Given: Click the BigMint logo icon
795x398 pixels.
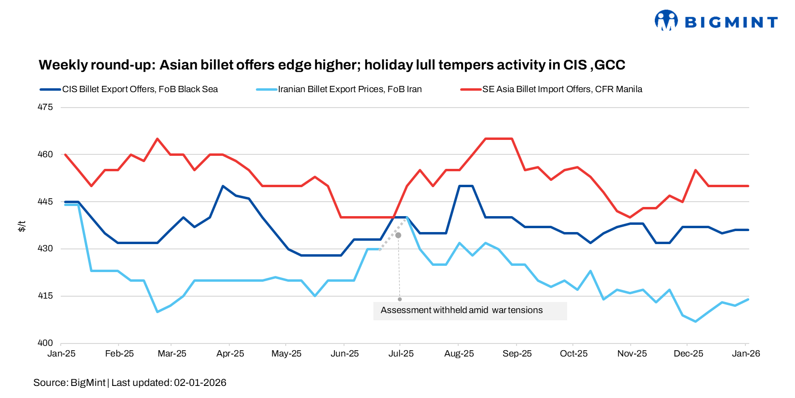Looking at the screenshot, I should click(666, 20).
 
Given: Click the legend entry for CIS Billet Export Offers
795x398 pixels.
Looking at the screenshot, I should click(140, 89).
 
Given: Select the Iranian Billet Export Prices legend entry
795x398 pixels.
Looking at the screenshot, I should click(349, 89).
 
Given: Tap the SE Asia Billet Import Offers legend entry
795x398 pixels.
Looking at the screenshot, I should click(562, 89).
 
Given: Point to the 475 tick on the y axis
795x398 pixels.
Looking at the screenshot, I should click(45, 107).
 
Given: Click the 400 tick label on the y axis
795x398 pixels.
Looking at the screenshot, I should click(45, 343).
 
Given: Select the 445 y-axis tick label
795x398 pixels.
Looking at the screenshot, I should click(45, 202).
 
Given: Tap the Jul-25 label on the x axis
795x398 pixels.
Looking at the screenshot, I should click(401, 354).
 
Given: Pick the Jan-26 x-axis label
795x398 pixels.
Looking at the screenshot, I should click(746, 354).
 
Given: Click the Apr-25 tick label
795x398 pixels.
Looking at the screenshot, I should click(230, 354).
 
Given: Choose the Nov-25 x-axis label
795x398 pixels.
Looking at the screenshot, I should click(632, 354).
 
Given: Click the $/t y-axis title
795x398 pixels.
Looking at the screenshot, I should click(22, 226).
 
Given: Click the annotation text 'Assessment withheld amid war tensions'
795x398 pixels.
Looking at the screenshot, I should click(462, 310).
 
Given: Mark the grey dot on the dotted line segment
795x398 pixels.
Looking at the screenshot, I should click(398, 235).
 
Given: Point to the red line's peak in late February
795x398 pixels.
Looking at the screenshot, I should click(157, 139).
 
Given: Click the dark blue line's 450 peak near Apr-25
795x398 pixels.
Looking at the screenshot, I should click(222, 186).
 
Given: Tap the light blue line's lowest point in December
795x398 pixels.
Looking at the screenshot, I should click(695, 321).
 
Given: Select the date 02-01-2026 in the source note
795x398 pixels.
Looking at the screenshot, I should click(200, 383).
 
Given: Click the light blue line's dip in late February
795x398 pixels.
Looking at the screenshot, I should click(157, 312).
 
